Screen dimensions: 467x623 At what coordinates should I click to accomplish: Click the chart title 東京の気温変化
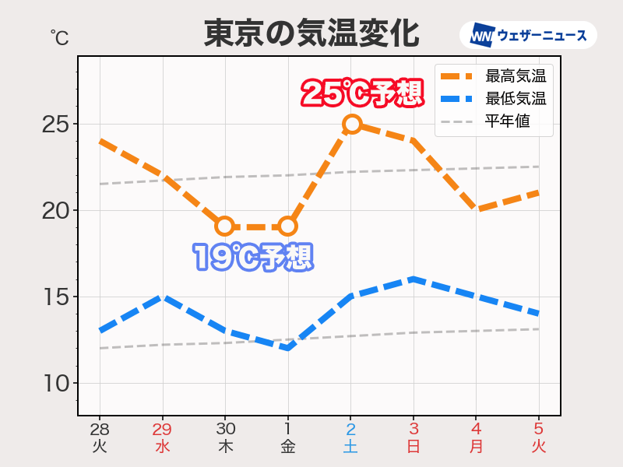pos(311,34)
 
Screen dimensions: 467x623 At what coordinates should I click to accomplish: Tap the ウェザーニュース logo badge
pos(528,35)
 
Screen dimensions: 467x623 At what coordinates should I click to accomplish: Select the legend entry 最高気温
pos(515,76)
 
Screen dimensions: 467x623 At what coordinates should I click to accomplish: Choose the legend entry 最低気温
pos(515,99)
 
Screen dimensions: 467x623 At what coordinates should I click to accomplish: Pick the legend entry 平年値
pos(507,121)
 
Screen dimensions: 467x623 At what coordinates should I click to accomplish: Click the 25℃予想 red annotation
pos(362,94)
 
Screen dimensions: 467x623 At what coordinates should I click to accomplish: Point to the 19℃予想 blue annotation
pos(253,257)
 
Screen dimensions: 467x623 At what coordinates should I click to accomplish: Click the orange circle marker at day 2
pos(351,124)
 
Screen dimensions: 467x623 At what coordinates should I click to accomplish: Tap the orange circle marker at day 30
pos(225,226)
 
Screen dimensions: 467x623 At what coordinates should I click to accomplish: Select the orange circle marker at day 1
pos(288,226)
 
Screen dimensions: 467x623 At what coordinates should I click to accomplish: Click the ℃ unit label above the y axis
pos(58,36)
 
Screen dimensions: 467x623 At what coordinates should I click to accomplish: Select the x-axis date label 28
pos(100,429)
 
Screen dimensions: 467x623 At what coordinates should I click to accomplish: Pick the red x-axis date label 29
pos(163,429)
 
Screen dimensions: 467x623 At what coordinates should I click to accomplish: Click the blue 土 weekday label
pos(350,447)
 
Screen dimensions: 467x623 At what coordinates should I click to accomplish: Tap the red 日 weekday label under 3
pos(414,447)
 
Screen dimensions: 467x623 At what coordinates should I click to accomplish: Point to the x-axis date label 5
pos(539,429)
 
